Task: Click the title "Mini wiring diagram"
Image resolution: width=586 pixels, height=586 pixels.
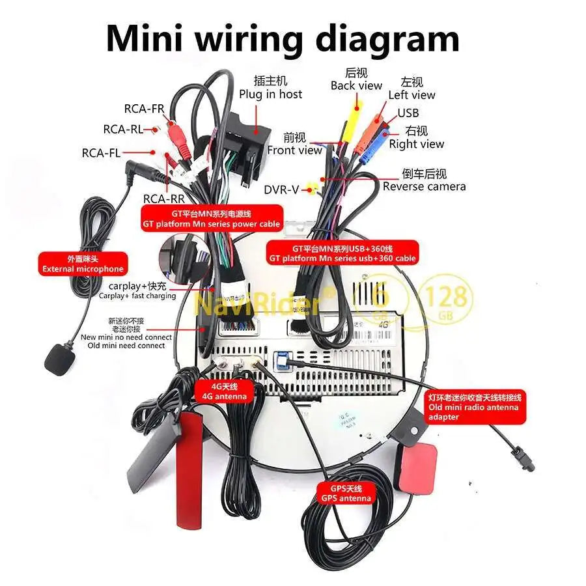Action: click(x=282, y=38)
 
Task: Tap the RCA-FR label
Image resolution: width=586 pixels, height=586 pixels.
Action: click(x=144, y=109)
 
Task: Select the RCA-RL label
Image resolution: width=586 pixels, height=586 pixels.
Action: click(x=123, y=129)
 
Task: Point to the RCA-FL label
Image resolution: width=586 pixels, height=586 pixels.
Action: click(x=101, y=153)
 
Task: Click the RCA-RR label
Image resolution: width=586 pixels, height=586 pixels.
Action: click(x=163, y=199)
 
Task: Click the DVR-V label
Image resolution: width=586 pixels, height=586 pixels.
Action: click(x=281, y=189)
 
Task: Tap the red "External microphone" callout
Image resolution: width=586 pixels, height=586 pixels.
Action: click(x=82, y=264)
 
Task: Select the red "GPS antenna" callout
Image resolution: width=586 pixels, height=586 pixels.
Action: click(x=346, y=493)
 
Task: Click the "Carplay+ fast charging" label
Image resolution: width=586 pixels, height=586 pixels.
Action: click(x=137, y=290)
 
